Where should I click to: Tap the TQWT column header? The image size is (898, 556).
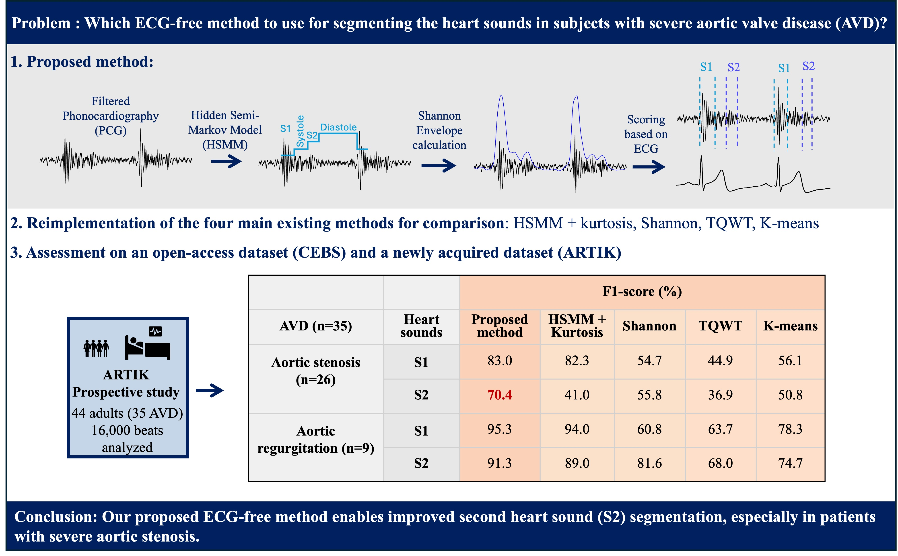[720, 326]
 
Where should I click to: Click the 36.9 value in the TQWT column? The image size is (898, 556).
[720, 395]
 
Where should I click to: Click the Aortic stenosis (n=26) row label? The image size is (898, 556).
[315, 371]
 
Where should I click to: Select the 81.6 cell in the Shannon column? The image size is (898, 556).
[649, 463]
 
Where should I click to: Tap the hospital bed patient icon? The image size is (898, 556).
[148, 343]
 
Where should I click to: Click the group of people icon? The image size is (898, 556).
[96, 348]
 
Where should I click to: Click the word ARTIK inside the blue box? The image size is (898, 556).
[126, 375]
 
